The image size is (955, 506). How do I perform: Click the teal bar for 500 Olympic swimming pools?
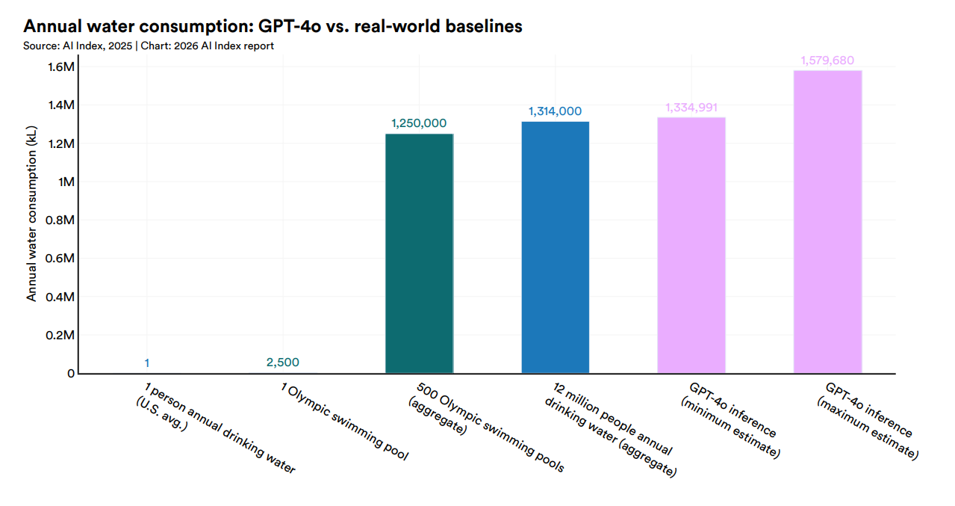coord(419,253)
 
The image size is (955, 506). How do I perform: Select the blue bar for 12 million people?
coord(555,247)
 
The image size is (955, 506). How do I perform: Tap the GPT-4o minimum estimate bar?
coord(691,245)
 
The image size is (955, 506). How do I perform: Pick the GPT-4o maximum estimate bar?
coord(827,222)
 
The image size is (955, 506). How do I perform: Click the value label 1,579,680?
coord(827,60)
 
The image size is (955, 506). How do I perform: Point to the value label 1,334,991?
coord(691,107)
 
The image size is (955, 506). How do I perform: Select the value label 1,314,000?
coord(555,111)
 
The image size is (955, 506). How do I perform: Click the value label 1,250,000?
coord(419,123)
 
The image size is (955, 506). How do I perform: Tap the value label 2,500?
coord(283,362)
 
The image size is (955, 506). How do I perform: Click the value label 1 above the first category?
coord(146,363)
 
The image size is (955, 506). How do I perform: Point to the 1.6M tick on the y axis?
coord(61,67)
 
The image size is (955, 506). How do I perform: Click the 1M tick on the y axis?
coord(66,182)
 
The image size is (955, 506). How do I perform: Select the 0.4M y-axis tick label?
coord(60,297)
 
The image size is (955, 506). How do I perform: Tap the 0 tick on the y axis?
coord(71,373)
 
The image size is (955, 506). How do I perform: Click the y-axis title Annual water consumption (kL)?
coord(31,214)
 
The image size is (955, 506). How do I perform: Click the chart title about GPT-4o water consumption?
coord(273,26)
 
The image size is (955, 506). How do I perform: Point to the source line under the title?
coord(149,46)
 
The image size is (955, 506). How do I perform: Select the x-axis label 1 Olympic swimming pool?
coord(344,422)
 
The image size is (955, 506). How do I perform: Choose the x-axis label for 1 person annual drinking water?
coord(216,427)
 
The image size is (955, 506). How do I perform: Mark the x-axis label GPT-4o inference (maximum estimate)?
coord(868,421)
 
